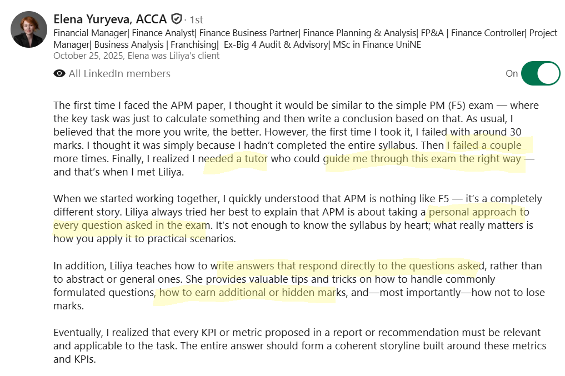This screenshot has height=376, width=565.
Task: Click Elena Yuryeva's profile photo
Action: click(29, 29)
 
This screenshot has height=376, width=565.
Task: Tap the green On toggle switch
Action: click(540, 73)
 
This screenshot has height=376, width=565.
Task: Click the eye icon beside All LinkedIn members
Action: click(59, 74)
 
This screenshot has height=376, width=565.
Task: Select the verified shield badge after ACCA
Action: click(177, 19)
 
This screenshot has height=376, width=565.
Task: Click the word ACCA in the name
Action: click(151, 19)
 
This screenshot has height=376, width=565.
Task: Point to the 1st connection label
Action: click(197, 20)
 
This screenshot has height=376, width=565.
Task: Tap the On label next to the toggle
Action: click(512, 73)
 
